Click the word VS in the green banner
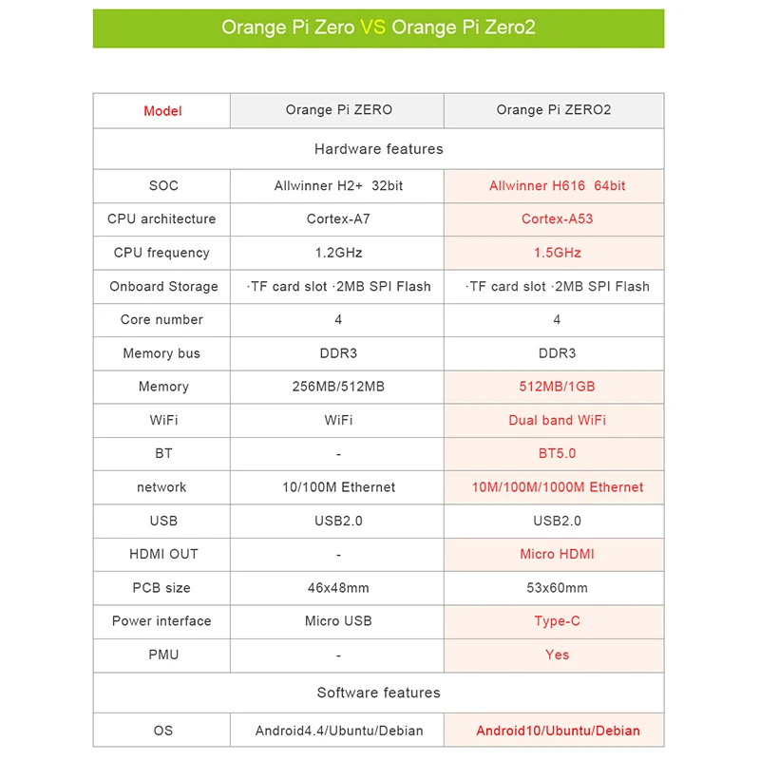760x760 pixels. pos(372,28)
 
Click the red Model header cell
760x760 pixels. pos(162,111)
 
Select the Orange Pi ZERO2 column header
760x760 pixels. pos(554,110)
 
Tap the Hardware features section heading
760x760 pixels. pos(378,149)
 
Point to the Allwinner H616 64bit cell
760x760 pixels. pos(557,186)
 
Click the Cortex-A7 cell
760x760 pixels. pos(338,219)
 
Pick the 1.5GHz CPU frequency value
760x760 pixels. pos(557,253)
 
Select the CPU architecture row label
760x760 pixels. pos(161,219)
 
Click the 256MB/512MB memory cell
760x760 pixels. pos(338,387)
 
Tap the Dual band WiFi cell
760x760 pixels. pos(557,420)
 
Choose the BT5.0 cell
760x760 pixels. pos(557,454)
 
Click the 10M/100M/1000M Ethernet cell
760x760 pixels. pos(557,487)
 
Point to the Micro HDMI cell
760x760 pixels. pos(557,554)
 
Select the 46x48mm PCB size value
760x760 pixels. pos(338,588)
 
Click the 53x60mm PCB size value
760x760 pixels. pos(557,588)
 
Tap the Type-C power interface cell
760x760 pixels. pos(557,621)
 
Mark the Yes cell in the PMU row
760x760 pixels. pos(557,655)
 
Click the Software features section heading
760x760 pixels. pos(378,693)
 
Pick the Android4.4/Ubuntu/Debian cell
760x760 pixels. pos(338,731)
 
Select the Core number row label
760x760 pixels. pos(161,320)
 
